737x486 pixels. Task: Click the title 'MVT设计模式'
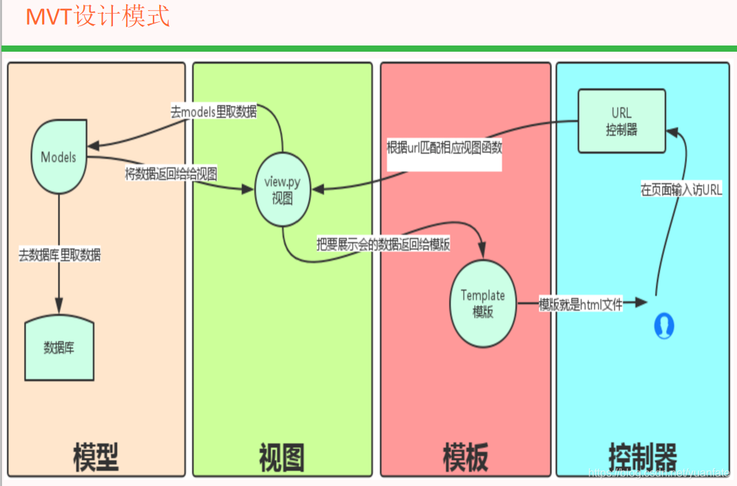98,16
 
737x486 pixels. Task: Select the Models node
59,157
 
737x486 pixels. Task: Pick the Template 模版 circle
483,303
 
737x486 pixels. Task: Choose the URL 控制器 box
621,121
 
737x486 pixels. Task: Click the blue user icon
663,325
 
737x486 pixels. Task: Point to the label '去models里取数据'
214,112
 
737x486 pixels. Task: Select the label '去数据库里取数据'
60,255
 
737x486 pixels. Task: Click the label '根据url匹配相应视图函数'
444,147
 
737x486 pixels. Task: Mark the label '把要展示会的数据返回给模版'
383,245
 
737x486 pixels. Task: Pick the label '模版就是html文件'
581,304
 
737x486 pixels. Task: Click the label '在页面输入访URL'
681,191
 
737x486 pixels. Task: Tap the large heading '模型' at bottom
96,456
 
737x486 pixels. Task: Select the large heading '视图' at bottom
282,456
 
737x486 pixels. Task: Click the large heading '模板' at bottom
466,456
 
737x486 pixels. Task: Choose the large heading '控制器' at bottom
643,456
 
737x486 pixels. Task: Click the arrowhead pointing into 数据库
59,306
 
